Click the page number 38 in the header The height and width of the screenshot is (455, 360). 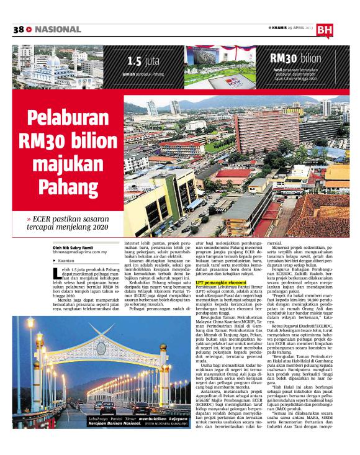point(18,30)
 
